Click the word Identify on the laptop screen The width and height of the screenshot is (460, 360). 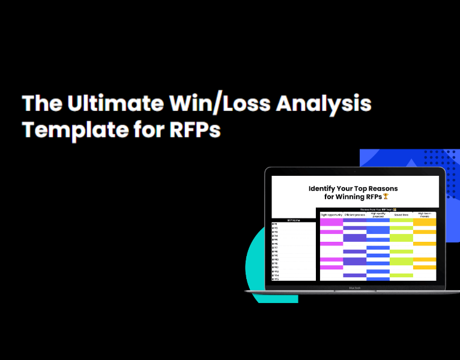point(324,188)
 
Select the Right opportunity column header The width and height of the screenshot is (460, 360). point(331,214)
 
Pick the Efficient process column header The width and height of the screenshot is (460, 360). point(355,214)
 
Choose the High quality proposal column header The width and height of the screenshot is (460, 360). point(378,214)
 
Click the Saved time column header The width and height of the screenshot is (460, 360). point(401,214)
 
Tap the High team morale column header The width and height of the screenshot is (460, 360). point(424,214)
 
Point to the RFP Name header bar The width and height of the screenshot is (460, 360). point(294,220)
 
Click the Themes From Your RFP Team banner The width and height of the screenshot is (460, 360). point(377,209)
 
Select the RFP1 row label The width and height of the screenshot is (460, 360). point(275,224)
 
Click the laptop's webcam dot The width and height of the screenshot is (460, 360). point(354,172)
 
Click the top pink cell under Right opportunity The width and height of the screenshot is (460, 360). point(331,221)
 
